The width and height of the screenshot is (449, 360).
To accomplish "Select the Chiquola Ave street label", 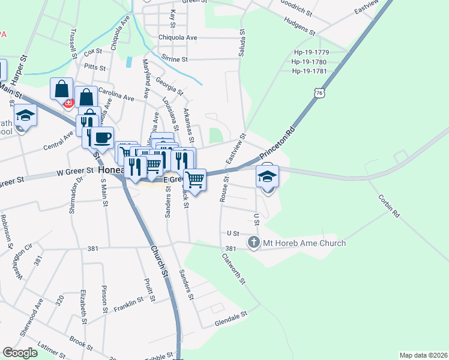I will click(177, 37).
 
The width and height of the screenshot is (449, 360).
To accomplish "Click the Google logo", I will click(20, 353).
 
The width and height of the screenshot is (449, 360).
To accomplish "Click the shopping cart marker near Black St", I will click(194, 179).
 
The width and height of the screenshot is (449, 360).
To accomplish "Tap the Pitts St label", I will click(94, 67).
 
